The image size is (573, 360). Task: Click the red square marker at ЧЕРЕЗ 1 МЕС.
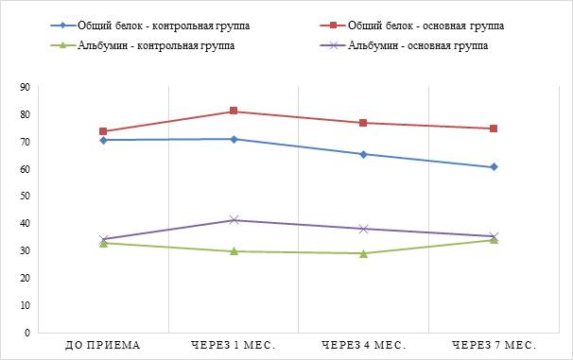click(x=234, y=111)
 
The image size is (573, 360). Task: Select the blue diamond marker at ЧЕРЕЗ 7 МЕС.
click(x=494, y=167)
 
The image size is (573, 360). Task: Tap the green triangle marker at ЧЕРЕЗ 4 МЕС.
click(x=363, y=253)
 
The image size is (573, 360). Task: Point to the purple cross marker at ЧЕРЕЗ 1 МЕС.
click(x=234, y=220)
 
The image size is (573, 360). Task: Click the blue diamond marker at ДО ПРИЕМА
click(x=103, y=140)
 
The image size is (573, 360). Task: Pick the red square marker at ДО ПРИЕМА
click(x=103, y=131)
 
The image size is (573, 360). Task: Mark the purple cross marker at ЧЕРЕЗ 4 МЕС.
click(x=364, y=229)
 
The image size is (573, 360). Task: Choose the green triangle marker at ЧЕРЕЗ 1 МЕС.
click(x=234, y=250)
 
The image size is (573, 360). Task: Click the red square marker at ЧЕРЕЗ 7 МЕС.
click(x=494, y=129)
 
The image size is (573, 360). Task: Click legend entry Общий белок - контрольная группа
click(x=150, y=26)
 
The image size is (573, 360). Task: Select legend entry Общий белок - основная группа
click(x=412, y=26)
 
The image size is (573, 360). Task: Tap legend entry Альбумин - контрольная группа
click(x=143, y=45)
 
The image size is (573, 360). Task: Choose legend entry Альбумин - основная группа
click(x=404, y=45)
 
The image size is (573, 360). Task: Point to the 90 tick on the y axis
click(x=26, y=87)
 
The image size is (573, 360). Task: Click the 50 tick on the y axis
click(x=26, y=197)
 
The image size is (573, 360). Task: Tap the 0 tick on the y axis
click(x=27, y=333)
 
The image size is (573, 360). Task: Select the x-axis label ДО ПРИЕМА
click(x=103, y=345)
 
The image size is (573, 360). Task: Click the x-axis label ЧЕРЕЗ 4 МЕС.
click(x=364, y=345)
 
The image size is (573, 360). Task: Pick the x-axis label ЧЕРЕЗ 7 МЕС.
click(x=495, y=345)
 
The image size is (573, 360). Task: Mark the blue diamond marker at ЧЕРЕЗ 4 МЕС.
click(x=363, y=154)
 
